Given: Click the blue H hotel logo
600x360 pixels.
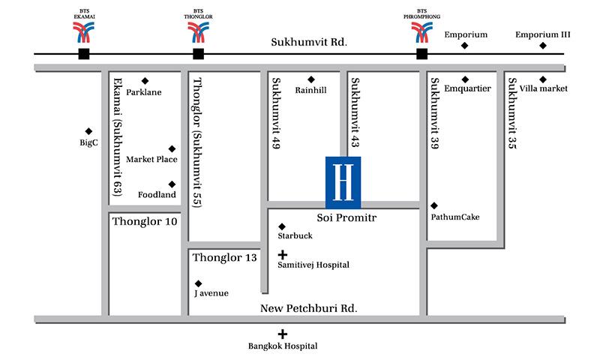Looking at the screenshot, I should coord(343,182).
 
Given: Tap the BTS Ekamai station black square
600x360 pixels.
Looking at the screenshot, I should coord(83,54).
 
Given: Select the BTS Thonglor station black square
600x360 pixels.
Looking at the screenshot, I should coord(198,54).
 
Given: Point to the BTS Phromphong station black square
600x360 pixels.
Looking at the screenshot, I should coord(422,54).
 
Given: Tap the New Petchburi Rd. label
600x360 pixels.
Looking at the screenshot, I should coord(308,308).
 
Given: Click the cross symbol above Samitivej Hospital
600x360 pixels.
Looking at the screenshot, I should coord(282,255).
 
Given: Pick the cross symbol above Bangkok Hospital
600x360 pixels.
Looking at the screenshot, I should coord(282,334).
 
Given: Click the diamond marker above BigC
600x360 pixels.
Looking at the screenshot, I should coord(88,130).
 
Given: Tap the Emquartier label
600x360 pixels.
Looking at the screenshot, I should coord(467,88).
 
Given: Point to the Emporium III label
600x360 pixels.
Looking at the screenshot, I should coord(543,34).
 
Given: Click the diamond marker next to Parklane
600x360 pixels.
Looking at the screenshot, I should coord(145,81).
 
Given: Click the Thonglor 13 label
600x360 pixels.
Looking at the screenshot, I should coord(225,258).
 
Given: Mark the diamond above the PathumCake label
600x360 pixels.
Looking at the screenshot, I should coord(433,205).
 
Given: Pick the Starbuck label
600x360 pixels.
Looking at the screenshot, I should coord(295,235).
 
